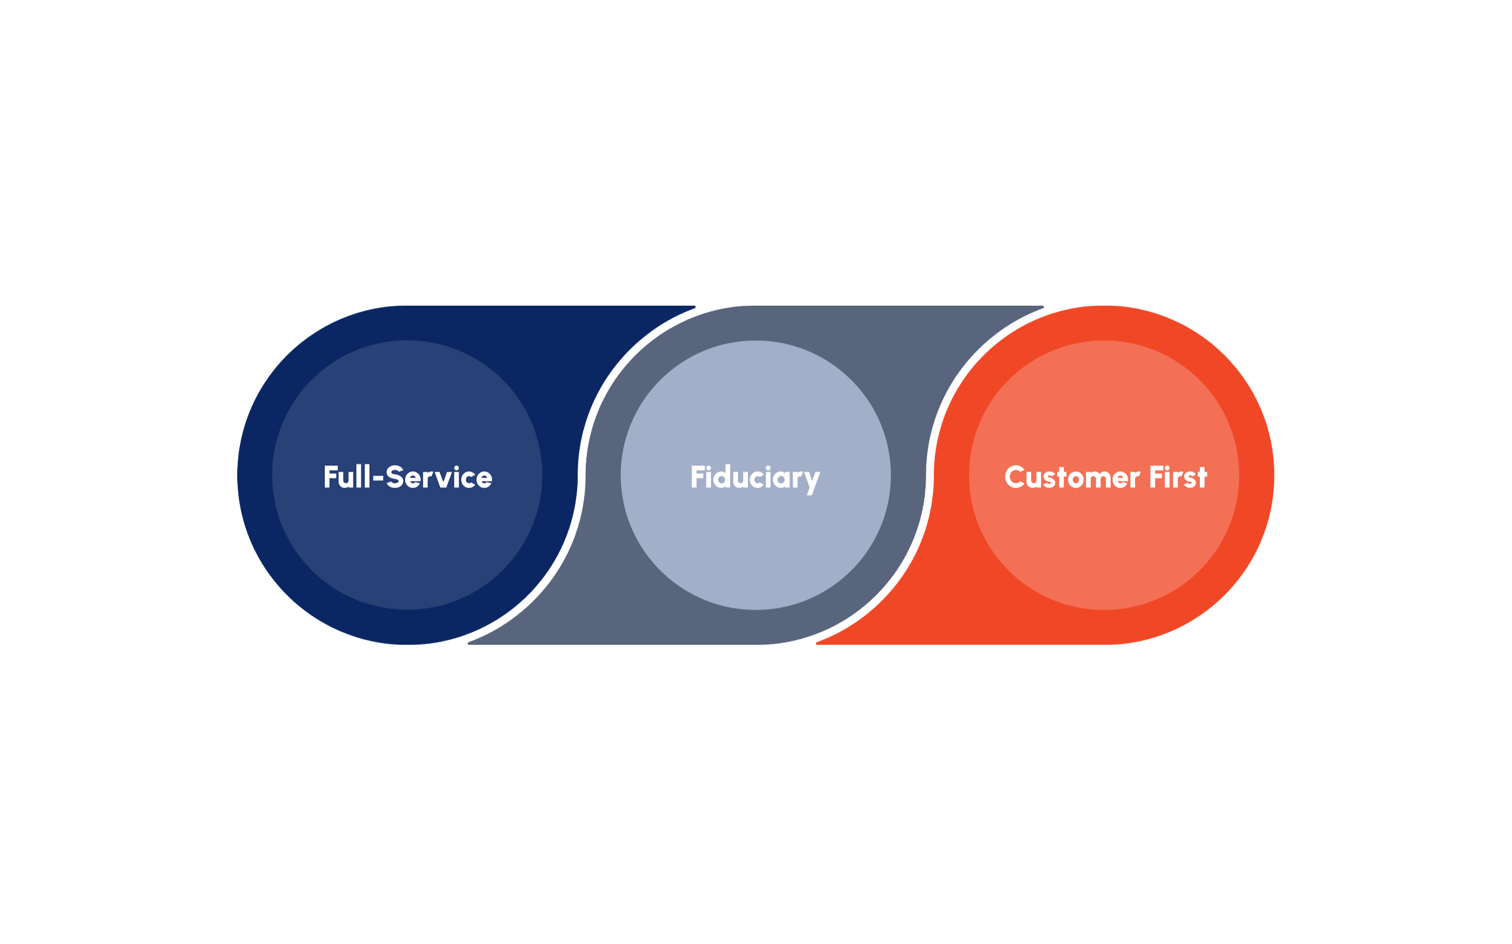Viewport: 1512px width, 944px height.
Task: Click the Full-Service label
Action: [x=408, y=477]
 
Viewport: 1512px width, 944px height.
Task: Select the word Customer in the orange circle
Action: [x=1072, y=477]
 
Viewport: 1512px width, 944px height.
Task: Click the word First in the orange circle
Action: [x=1178, y=477]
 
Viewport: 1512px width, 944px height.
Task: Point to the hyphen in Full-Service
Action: [x=378, y=479]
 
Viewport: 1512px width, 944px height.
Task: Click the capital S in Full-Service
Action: [x=394, y=477]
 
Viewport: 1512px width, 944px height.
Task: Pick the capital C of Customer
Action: [x=1014, y=477]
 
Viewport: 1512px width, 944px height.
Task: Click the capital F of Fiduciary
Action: [x=697, y=477]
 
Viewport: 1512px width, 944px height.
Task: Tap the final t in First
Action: [x=1202, y=477]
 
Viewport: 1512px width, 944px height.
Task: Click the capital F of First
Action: [x=1156, y=477]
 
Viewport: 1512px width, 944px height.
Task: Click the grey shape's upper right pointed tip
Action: [x=1042, y=307]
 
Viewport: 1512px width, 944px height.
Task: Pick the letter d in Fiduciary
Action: [x=723, y=477]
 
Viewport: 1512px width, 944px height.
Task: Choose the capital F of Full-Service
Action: [x=330, y=477]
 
